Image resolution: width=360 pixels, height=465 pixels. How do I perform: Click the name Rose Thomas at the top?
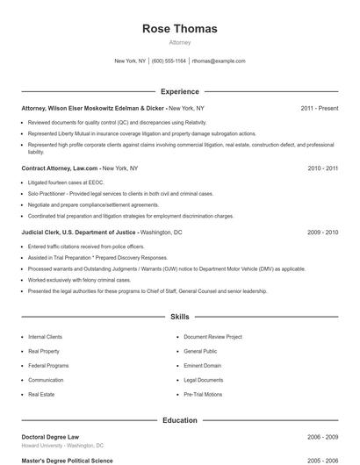[179, 29]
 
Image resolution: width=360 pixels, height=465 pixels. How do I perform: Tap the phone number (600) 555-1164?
[169, 61]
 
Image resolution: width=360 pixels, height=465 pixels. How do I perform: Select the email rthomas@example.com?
[218, 61]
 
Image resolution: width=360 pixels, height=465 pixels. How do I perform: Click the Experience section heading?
[179, 91]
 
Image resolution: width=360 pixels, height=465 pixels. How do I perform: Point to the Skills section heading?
[179, 317]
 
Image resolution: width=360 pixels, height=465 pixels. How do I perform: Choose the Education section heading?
[179, 420]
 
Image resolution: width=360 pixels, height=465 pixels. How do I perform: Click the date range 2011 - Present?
[319, 108]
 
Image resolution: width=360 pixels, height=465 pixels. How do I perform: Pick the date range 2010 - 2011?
[322, 167]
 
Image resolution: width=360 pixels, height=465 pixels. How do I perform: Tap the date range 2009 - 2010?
[322, 232]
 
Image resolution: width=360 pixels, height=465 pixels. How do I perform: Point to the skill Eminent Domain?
[201, 366]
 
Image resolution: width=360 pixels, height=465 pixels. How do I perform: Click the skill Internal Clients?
[46, 336]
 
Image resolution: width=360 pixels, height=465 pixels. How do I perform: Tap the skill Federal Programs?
[47, 366]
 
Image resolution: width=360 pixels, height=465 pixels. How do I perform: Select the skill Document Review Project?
[212, 336]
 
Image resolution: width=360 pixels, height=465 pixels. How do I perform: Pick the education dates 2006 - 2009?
[322, 436]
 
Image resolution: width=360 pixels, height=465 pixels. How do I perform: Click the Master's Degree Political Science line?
[67, 460]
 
